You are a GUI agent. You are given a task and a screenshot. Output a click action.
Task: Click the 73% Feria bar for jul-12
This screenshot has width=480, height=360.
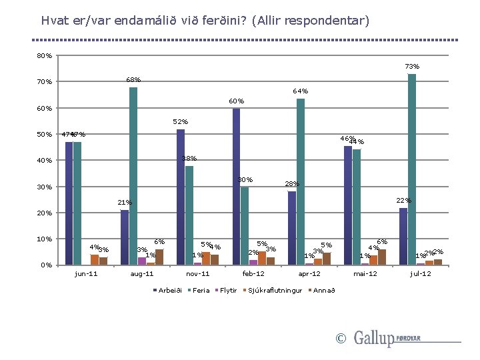412,169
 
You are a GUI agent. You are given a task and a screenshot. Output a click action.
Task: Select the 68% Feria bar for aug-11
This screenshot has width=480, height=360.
133,176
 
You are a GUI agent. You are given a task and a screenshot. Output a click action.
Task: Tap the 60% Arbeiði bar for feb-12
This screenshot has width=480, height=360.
236,187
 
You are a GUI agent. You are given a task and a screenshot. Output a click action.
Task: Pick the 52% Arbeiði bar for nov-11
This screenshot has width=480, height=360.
181,197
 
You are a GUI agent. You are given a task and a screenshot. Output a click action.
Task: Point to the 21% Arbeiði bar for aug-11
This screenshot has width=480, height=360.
125,237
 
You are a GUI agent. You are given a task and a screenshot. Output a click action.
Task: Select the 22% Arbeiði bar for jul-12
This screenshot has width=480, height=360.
403,236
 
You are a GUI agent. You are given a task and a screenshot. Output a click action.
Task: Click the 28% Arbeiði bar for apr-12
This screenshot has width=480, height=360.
292,228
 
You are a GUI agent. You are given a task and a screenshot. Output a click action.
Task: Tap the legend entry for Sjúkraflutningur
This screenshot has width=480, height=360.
275,290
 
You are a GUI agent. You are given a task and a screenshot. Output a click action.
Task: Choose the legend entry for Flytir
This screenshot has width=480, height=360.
228,290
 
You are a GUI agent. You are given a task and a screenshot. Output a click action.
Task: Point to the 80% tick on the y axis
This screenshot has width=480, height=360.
45,56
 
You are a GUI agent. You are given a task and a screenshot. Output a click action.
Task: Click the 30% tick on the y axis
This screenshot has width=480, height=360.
45,187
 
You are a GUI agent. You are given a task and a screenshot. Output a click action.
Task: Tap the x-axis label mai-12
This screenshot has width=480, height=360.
365,274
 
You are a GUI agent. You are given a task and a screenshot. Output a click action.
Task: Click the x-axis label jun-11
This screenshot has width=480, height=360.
86,274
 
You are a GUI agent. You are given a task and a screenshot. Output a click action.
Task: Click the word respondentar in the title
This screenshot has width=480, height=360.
326,21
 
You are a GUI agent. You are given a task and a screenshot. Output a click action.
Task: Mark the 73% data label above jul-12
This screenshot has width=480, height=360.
412,66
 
